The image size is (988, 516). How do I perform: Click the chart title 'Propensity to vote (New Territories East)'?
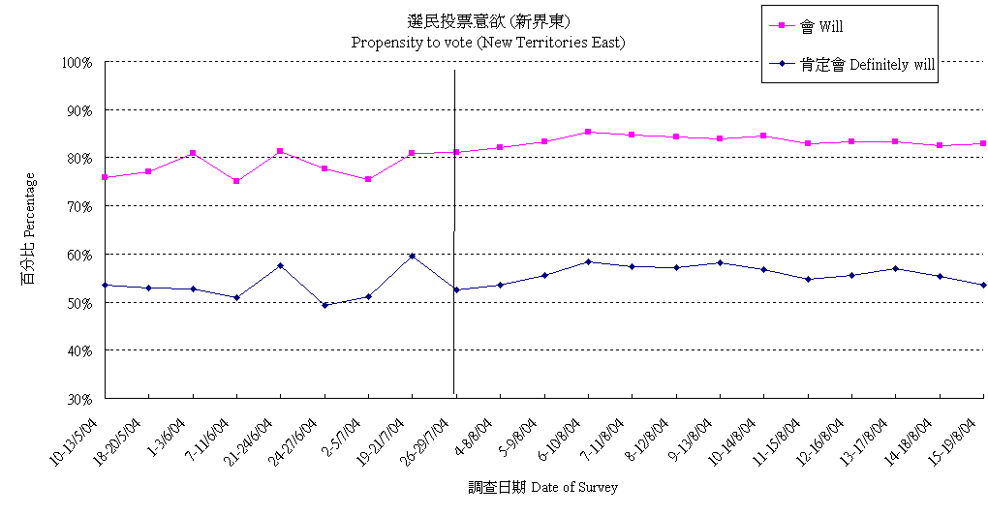(x=487, y=43)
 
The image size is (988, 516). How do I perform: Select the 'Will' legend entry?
(x=821, y=26)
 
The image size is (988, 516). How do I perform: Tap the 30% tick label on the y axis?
(x=78, y=398)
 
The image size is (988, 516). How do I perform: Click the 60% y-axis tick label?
(x=78, y=254)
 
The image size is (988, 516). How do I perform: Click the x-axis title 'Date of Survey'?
(x=542, y=487)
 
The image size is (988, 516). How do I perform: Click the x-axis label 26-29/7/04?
(x=429, y=440)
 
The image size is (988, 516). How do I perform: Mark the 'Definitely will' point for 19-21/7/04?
(x=413, y=256)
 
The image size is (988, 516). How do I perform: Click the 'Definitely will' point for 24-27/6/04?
(x=324, y=305)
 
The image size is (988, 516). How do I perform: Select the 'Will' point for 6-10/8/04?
(x=588, y=132)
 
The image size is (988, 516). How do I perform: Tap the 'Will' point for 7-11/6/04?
(x=236, y=181)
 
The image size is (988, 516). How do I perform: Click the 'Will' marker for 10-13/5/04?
(x=105, y=177)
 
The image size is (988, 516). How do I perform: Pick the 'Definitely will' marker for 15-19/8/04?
(x=983, y=285)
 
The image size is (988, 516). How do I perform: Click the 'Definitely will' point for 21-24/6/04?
(x=280, y=265)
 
